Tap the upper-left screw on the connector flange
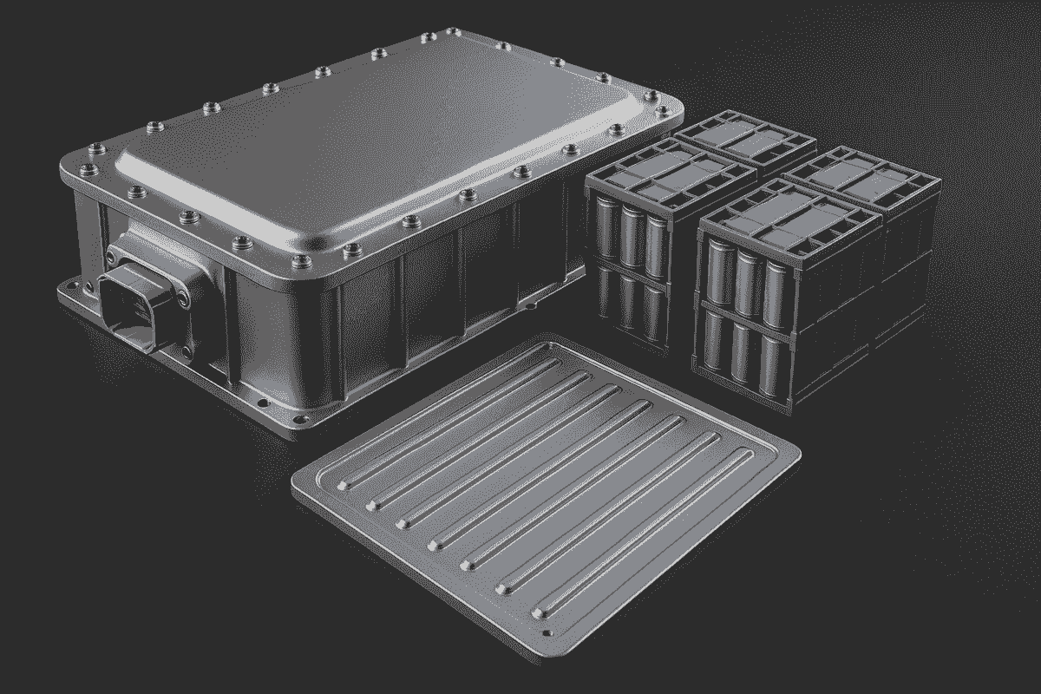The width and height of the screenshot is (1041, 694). tap(112, 256)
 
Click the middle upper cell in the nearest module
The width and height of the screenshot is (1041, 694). tap(745, 273)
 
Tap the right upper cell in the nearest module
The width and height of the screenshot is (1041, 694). tap(771, 280)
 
